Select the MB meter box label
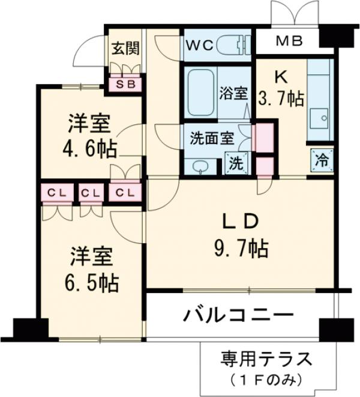(x=290, y=41)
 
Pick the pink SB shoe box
(x=125, y=84)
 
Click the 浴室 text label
(x=233, y=93)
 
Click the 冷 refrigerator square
(x=321, y=160)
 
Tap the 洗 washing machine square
(x=237, y=163)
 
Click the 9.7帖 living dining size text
(x=241, y=246)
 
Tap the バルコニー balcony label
(x=238, y=315)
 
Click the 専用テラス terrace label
(x=265, y=361)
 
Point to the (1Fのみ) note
(x=265, y=380)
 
